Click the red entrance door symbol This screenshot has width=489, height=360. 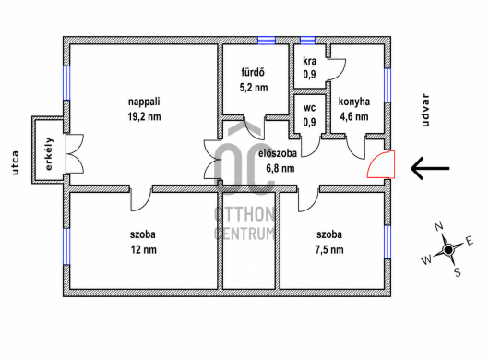tap(381, 164)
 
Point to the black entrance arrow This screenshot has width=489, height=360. tap(430, 168)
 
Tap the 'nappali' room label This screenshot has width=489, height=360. tap(144, 102)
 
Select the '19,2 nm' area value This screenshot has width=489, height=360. tap(144, 116)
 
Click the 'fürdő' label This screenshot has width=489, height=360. tap(253, 72)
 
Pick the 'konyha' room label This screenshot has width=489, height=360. tap(354, 102)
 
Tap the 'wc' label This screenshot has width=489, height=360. tap(310, 108)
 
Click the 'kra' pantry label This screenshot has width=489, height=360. tap(310, 61)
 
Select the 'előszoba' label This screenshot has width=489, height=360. tap(278, 153)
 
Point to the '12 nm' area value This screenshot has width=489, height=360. tap(144, 249)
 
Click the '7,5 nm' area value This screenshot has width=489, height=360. tap(329, 249)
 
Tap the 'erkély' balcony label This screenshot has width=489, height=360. tap(49, 154)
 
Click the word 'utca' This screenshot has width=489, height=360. tap(16, 162)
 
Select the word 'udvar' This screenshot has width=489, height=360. tap(425, 111)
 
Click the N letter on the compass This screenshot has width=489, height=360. tap(439, 226)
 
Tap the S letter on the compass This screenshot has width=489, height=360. tap(458, 272)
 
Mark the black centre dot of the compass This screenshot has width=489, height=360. tap(448, 249)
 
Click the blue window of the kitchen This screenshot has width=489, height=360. tap(388, 85)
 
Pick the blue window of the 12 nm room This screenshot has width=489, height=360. tap(66, 246)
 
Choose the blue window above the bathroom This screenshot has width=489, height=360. tap(267, 41)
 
